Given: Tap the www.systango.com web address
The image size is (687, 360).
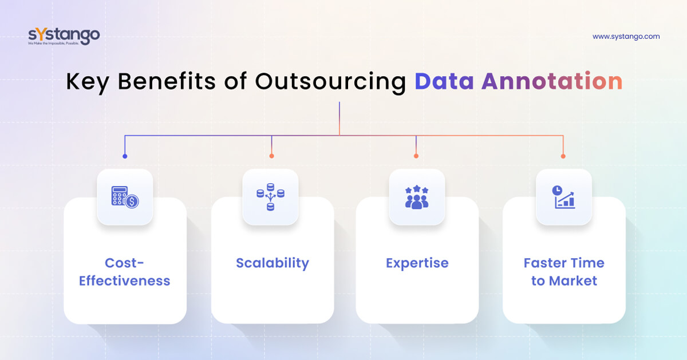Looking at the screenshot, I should (626, 37).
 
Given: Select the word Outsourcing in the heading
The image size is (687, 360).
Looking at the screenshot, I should (330, 82).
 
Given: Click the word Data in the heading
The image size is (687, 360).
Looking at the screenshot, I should (444, 82).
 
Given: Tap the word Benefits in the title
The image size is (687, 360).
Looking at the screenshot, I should (167, 82).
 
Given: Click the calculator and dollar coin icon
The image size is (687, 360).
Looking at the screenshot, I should (125, 197).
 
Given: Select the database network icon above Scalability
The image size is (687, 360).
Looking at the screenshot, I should (270, 197).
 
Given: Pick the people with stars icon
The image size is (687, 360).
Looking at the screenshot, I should (417, 197).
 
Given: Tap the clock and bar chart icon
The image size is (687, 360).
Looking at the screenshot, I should (563, 197).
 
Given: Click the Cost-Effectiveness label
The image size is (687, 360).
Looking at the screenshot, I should (125, 272).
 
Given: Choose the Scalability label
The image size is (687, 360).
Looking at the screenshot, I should (273, 263).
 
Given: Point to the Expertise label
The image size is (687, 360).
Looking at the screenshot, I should (417, 263).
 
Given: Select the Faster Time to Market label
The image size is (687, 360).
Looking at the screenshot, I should (564, 272).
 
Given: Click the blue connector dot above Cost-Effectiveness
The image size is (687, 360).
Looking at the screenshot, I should (125, 156).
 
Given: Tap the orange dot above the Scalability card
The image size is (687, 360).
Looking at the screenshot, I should (271, 156).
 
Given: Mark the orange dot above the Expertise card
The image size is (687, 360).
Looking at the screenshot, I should (416, 156).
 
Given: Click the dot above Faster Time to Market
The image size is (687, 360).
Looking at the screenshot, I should (563, 156).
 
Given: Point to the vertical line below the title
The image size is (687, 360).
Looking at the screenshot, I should (339, 117).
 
